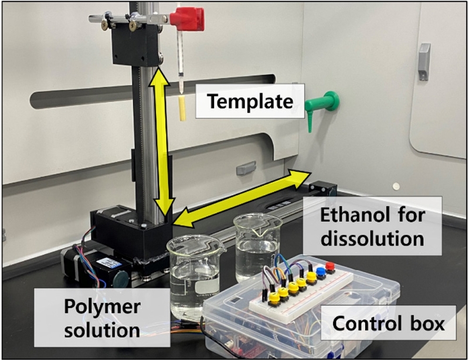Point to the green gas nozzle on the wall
pos(321,105)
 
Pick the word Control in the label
pos(357,323)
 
